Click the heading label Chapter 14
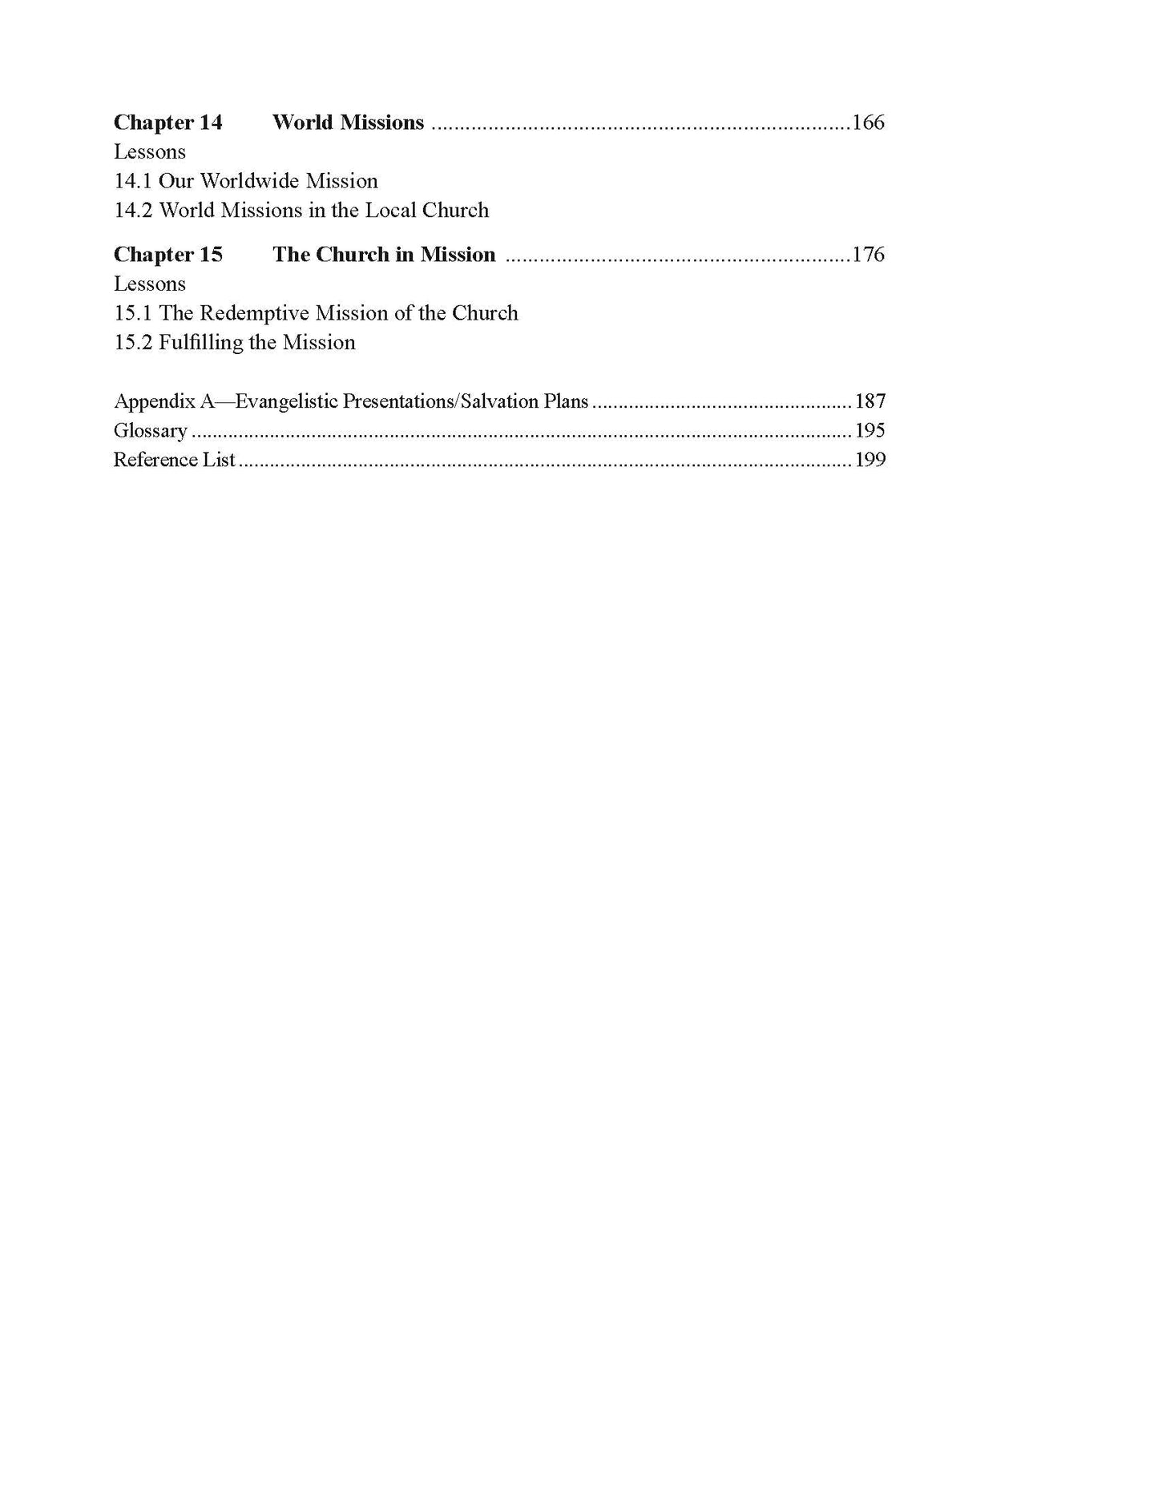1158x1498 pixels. (168, 123)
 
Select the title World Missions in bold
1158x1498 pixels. (348, 123)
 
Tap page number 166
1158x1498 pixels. (868, 123)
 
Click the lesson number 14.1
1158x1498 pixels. (133, 181)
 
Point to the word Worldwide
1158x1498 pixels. (249, 181)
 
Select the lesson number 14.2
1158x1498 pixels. (133, 211)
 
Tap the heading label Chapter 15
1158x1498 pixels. (168, 255)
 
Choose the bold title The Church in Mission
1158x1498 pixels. (384, 255)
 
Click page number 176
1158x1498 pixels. (868, 255)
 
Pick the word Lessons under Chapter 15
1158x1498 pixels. (150, 284)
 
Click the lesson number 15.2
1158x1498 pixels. (133, 343)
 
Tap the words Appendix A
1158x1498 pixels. (164, 401)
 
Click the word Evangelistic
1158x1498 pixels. (286, 401)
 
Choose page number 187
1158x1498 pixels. (870, 401)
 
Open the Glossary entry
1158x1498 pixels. (151, 431)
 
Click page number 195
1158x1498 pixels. (870, 431)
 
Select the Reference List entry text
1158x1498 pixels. (175, 460)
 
